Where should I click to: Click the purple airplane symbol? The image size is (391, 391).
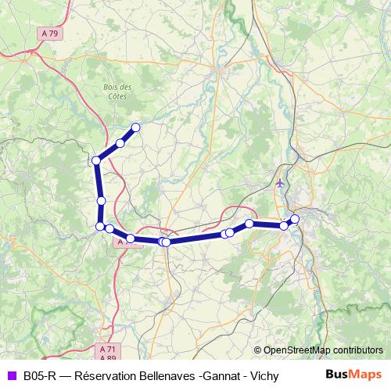point(281,183)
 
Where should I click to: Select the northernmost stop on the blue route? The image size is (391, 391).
point(135,127)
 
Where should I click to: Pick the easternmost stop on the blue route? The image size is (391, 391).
point(295,219)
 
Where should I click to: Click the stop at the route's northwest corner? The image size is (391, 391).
point(96,160)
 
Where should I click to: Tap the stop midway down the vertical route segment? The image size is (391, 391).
point(101,201)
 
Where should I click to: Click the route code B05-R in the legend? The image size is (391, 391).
point(39,375)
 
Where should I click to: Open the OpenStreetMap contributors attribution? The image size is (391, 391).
point(323,350)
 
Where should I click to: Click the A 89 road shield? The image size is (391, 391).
point(108,357)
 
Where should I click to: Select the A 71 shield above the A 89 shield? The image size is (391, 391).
point(108,349)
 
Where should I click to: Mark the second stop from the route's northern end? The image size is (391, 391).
point(120,142)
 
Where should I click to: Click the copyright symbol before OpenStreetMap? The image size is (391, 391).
point(258,350)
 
